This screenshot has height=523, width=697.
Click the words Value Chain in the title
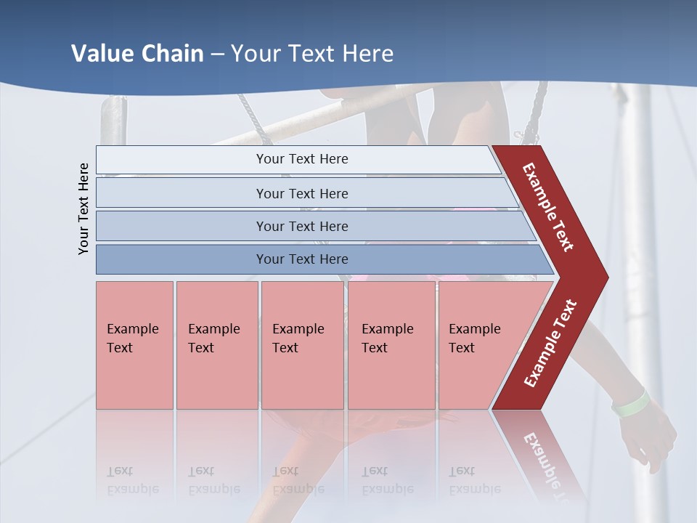tap(137, 54)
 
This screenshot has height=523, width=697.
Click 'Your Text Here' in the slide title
tap(312, 54)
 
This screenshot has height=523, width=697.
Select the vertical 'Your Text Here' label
tap(83, 209)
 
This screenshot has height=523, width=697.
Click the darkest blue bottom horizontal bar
tap(182, 259)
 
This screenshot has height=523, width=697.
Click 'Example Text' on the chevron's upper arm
tap(548, 207)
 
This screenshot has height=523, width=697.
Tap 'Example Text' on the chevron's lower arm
tap(550, 344)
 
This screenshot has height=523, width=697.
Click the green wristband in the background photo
tap(630, 404)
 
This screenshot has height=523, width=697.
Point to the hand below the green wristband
tap(650, 436)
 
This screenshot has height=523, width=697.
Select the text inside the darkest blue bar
tap(302, 259)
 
